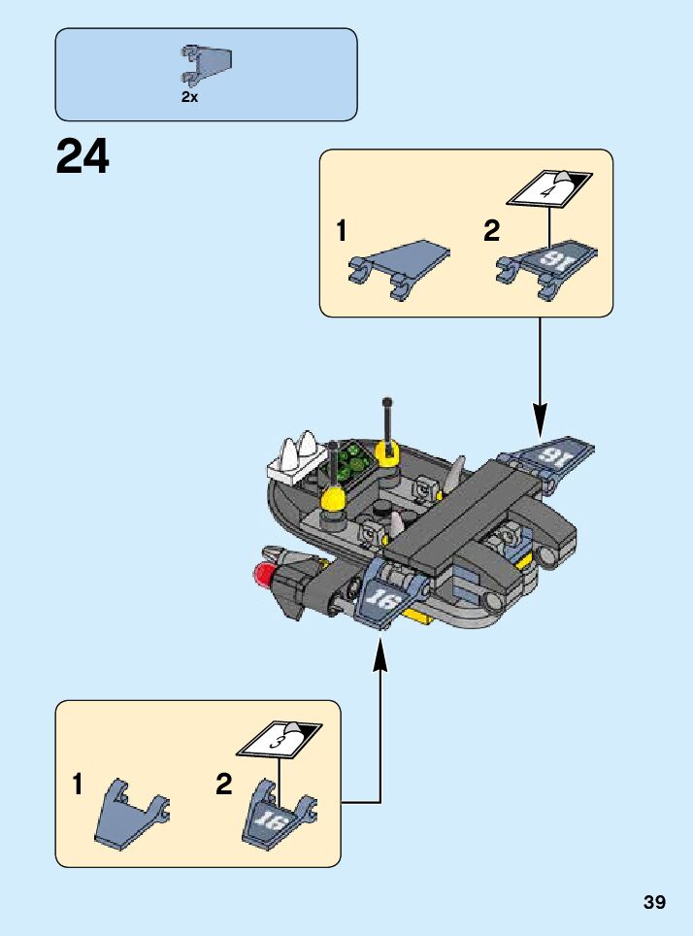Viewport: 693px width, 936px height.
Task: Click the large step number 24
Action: (82, 156)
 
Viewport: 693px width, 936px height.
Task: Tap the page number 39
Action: (654, 902)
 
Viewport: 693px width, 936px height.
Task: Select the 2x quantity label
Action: (189, 97)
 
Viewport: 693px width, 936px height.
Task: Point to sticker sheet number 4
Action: (550, 185)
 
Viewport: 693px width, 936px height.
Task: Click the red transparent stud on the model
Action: (262, 575)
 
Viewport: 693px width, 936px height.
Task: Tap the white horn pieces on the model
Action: (302, 452)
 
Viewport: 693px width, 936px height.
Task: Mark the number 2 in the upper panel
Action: (491, 231)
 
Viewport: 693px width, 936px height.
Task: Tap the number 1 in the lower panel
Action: (77, 786)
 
